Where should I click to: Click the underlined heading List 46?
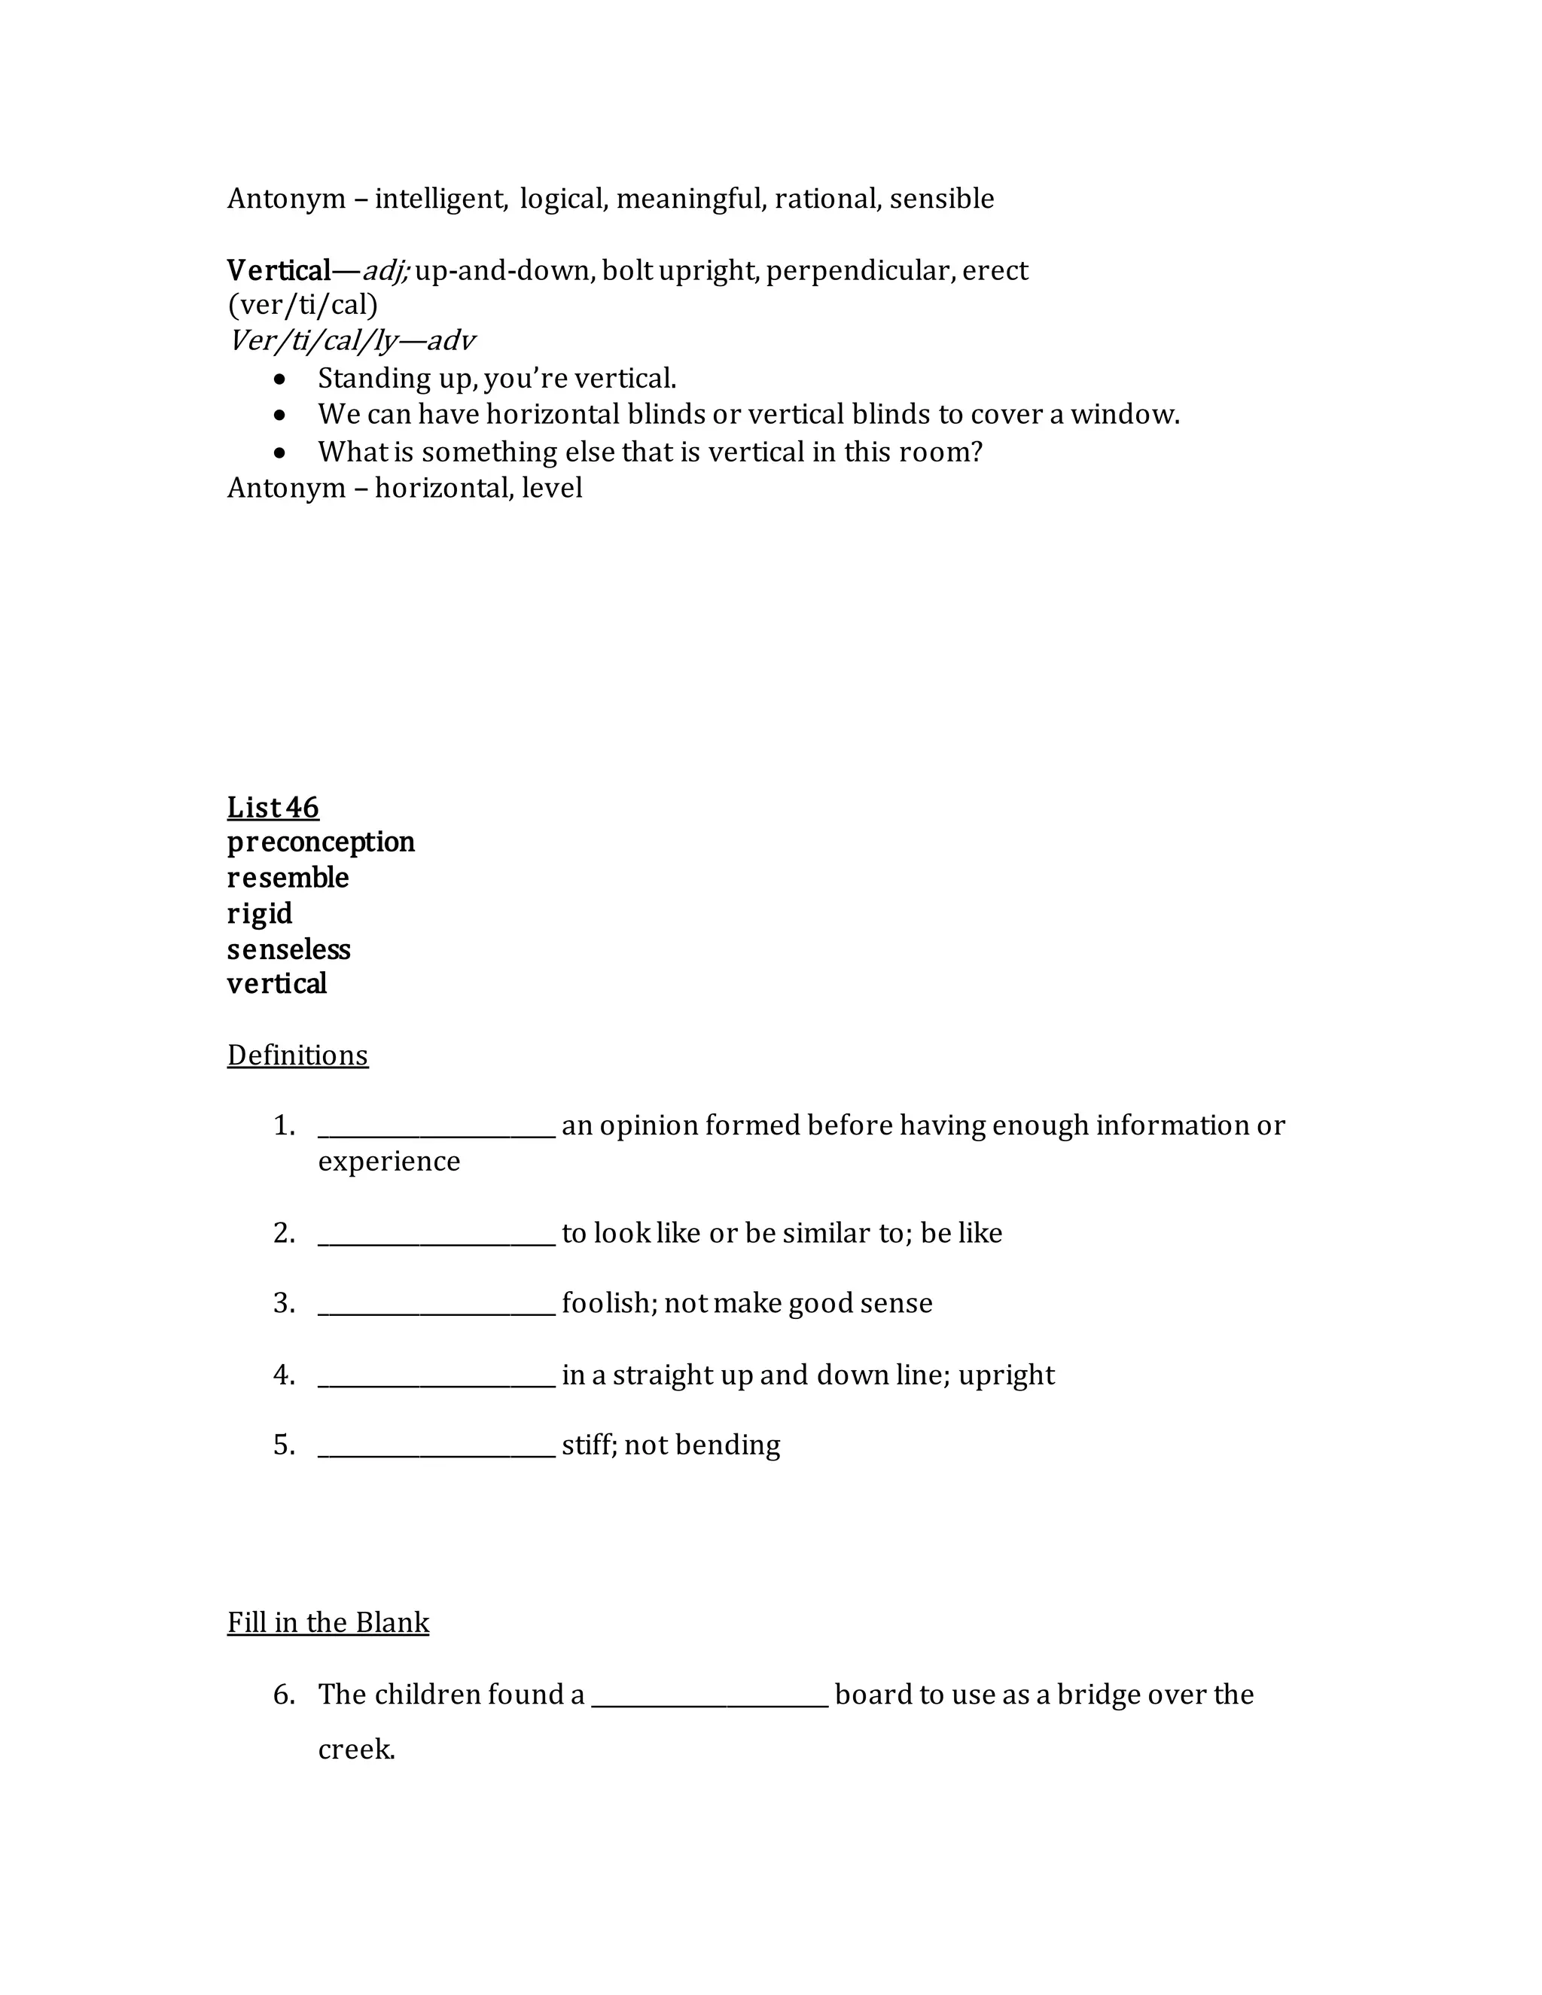tap(273, 808)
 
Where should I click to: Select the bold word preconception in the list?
tap(321, 842)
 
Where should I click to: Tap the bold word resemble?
tap(288, 878)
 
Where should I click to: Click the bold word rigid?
tap(260, 913)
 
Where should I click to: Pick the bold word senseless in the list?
tap(288, 950)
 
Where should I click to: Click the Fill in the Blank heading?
tap(328, 1623)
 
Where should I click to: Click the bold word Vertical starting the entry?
tap(279, 271)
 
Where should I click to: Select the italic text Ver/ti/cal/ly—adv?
tap(352, 342)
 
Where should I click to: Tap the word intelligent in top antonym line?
tap(440, 200)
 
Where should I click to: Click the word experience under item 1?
tap(389, 1162)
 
